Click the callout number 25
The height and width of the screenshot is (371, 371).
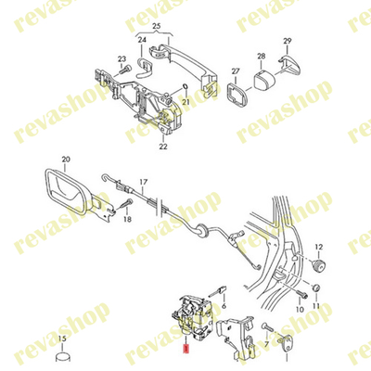(157, 26)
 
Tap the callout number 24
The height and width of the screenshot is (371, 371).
(142, 40)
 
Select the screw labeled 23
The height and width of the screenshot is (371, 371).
(125, 70)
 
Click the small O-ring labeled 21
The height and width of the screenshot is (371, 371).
(185, 86)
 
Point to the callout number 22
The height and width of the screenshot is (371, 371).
(163, 147)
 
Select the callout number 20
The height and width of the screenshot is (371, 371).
(66, 160)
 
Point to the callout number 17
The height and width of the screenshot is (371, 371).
(144, 182)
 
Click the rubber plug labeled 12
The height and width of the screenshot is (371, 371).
(318, 265)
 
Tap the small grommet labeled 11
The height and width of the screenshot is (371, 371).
(316, 288)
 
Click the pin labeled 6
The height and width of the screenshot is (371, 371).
(219, 290)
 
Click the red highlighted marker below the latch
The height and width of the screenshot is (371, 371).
(186, 350)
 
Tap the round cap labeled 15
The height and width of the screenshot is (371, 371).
(63, 358)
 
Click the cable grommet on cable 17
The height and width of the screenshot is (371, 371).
(202, 228)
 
